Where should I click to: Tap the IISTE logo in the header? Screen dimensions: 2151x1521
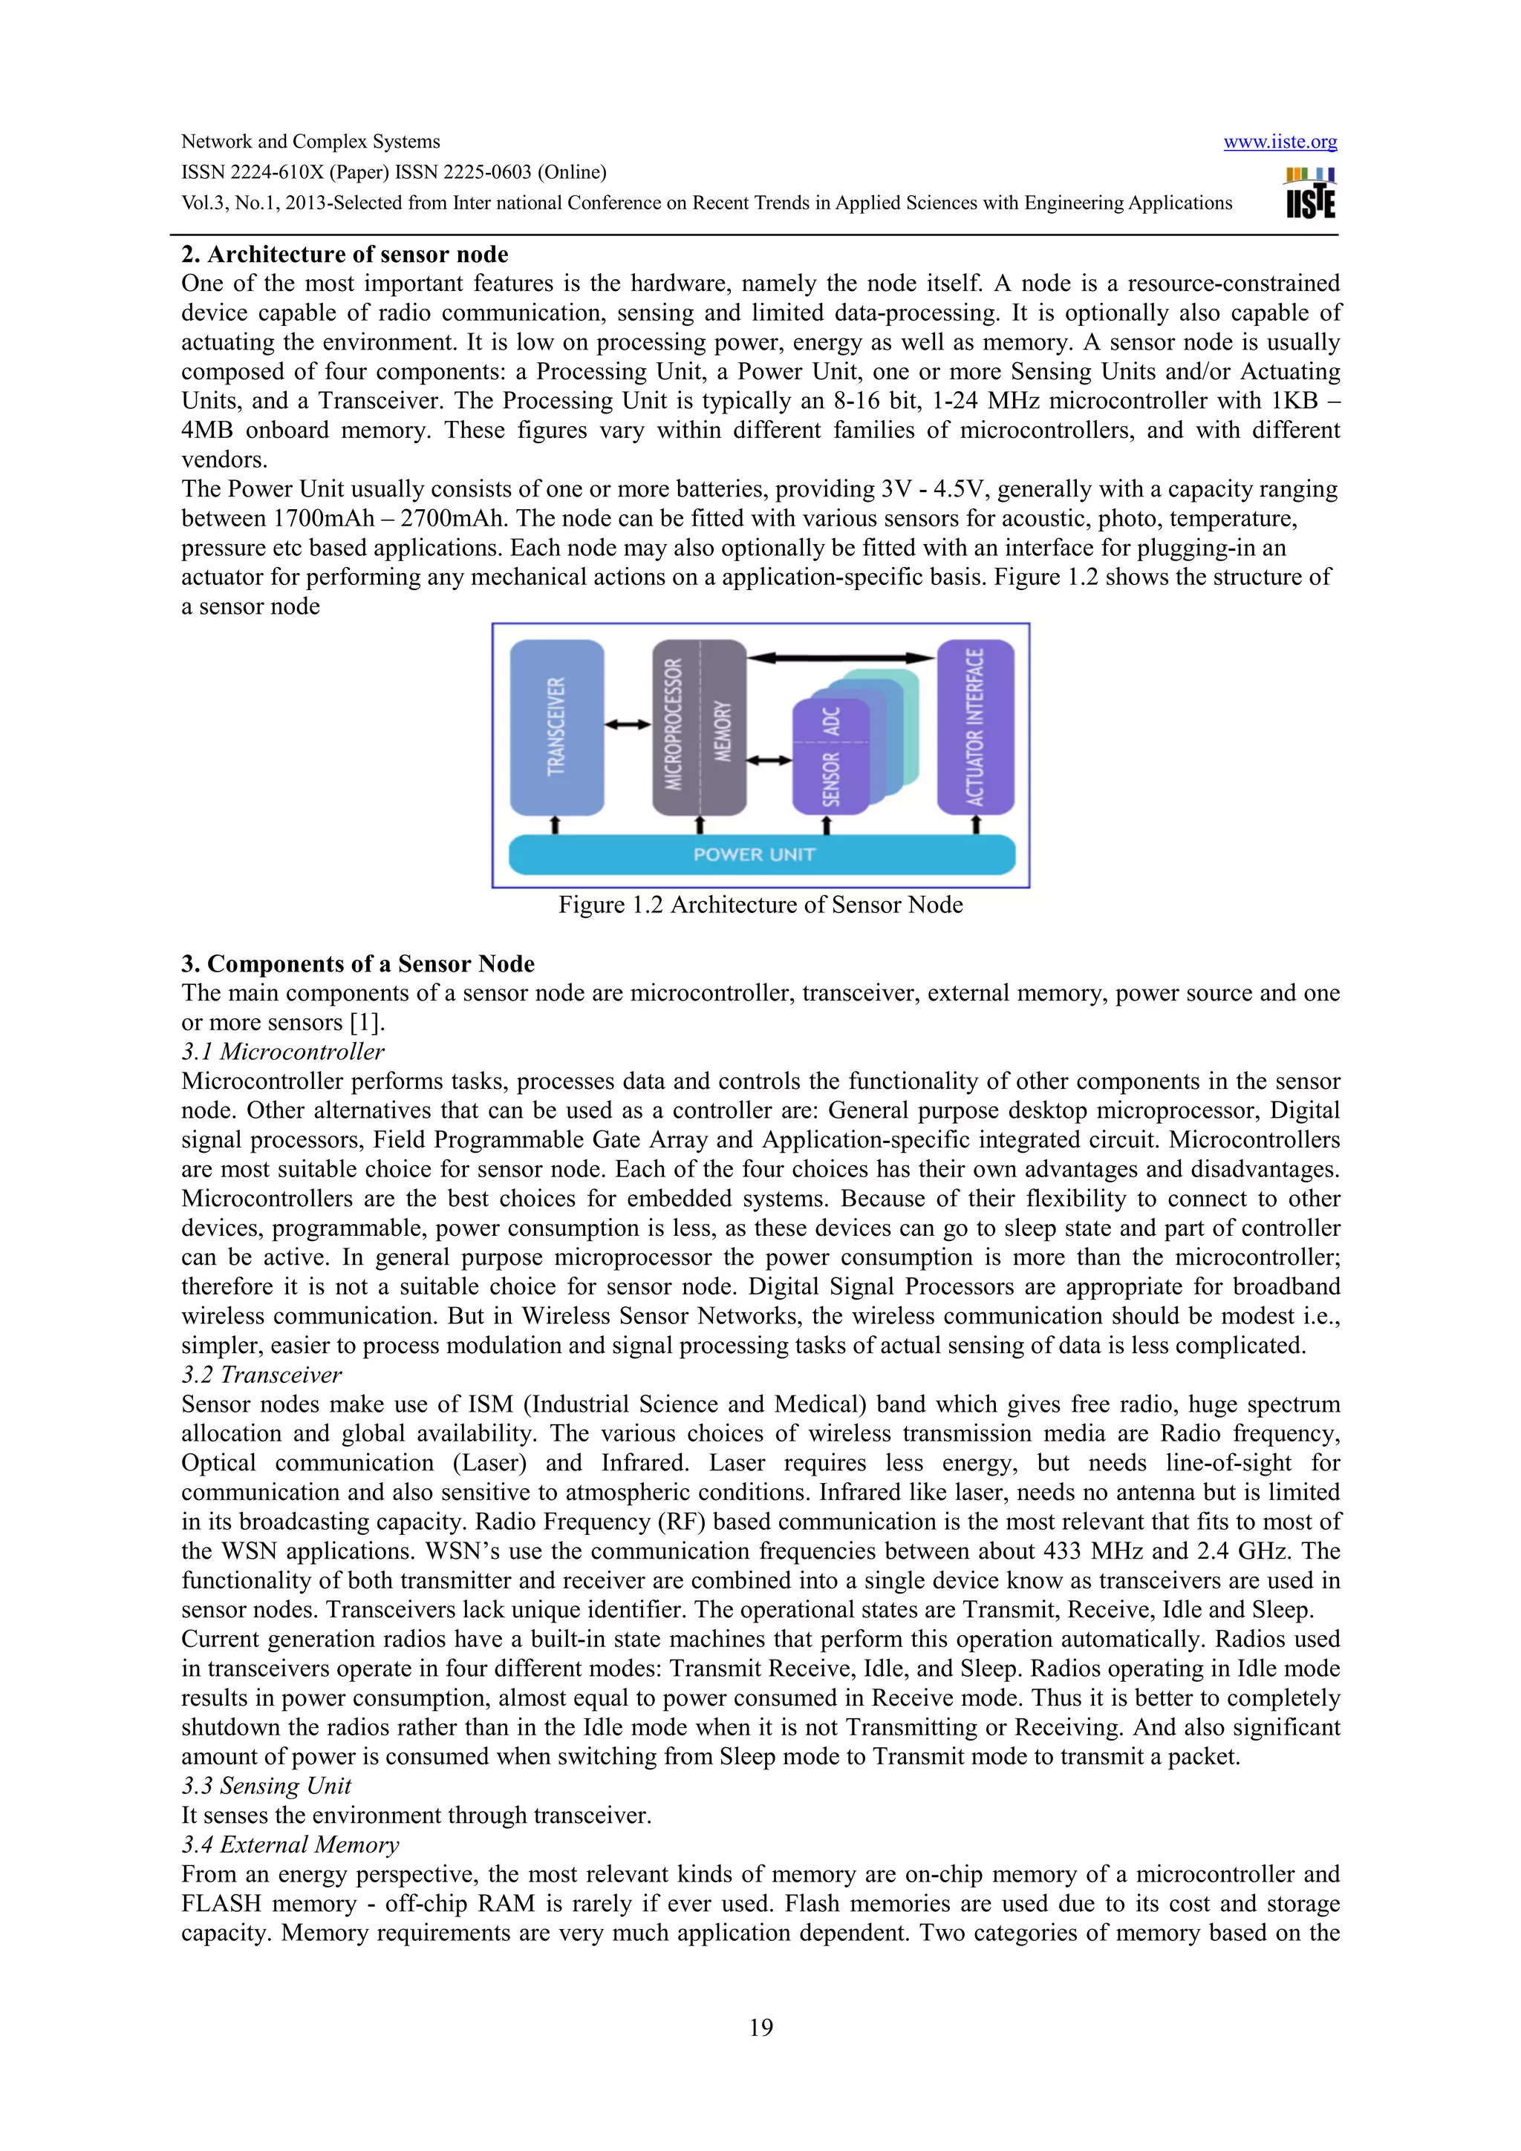[x=1310, y=194]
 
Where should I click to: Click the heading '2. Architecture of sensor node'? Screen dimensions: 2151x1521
[x=344, y=255]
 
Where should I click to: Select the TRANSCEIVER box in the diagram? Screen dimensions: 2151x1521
[x=557, y=727]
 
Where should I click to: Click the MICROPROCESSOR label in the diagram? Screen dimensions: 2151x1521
[x=674, y=724]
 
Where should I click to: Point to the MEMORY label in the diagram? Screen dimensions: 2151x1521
[x=723, y=732]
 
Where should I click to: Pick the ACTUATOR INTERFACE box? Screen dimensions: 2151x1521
[x=976, y=727]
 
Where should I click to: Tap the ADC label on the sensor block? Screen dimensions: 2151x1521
[x=830, y=721]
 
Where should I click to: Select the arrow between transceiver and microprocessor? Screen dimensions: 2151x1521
[x=628, y=724]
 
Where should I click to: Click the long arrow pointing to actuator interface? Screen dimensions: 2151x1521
[x=841, y=658]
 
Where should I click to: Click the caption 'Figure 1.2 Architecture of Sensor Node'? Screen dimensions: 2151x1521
[x=760, y=905]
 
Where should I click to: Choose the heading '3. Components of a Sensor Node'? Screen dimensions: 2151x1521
[x=357, y=964]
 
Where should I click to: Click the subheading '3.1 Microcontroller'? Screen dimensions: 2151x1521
[x=282, y=1052]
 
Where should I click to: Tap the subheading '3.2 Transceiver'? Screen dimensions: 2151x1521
[x=261, y=1375]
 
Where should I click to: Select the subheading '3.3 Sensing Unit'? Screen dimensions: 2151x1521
[x=266, y=1787]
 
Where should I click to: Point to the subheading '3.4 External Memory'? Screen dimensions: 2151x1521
[x=290, y=1846]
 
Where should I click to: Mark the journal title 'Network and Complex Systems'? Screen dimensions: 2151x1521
[x=310, y=143]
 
